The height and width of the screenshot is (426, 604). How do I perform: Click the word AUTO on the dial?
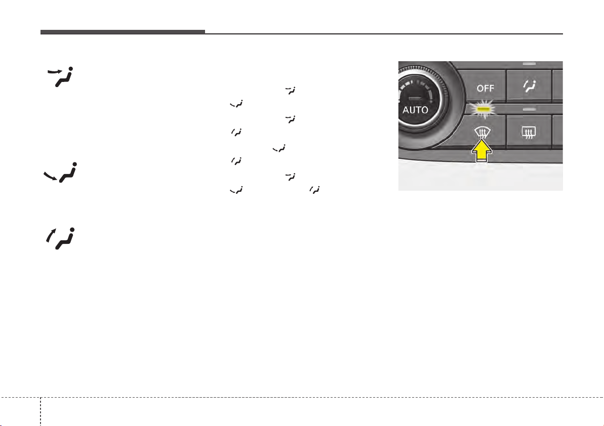click(415, 110)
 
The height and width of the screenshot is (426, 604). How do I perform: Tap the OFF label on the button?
click(486, 89)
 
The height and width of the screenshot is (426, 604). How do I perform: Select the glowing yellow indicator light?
click(482, 109)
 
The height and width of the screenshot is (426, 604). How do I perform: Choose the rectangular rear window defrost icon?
click(529, 133)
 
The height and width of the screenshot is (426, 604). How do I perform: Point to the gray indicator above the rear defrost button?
click(529, 110)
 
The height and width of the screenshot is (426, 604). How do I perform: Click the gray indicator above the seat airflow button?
click(530, 63)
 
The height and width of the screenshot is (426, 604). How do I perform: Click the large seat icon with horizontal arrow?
click(61, 76)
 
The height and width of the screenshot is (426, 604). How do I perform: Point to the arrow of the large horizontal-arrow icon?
click(54, 71)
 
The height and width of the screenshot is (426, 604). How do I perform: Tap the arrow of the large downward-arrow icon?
click(50, 176)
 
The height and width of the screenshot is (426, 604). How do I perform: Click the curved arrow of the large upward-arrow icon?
click(51, 235)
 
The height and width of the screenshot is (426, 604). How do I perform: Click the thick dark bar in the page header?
click(123, 32)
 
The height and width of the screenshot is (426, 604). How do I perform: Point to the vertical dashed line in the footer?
click(41, 411)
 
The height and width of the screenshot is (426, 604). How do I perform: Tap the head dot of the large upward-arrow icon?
click(71, 230)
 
